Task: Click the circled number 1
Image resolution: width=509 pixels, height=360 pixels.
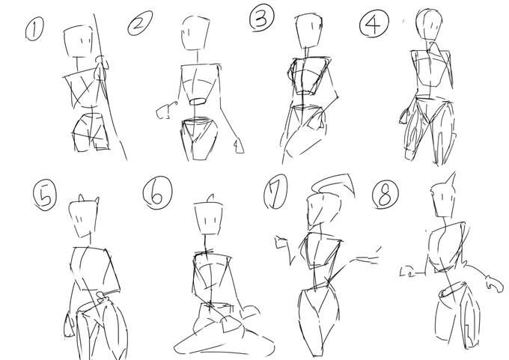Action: [x=34, y=29]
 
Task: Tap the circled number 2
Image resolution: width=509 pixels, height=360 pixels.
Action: [x=140, y=22]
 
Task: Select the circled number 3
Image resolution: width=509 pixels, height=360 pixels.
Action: [x=262, y=18]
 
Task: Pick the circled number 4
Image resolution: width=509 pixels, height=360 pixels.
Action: [x=374, y=23]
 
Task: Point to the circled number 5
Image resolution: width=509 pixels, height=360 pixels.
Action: [x=44, y=195]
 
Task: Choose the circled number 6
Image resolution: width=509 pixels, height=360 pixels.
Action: [x=157, y=193]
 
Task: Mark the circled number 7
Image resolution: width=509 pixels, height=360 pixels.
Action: [x=275, y=192]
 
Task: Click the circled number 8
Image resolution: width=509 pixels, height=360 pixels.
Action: [x=385, y=195]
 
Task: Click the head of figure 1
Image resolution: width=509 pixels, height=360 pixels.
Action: [x=82, y=42]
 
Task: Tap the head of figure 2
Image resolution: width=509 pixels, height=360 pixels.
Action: [x=195, y=32]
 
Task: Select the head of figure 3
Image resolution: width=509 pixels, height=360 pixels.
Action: [x=308, y=31]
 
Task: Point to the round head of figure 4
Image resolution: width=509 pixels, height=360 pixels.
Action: [x=429, y=24]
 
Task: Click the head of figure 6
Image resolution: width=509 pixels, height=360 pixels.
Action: [x=209, y=219]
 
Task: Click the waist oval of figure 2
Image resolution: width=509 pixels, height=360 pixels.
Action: [x=198, y=102]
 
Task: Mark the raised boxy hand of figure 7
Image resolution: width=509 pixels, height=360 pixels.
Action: [x=281, y=242]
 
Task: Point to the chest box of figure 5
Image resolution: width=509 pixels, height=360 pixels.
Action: [x=95, y=268]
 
